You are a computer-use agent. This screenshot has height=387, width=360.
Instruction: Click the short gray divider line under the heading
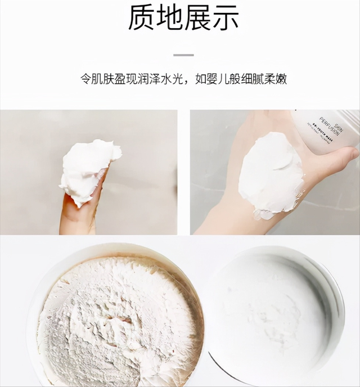pos(183,55)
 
